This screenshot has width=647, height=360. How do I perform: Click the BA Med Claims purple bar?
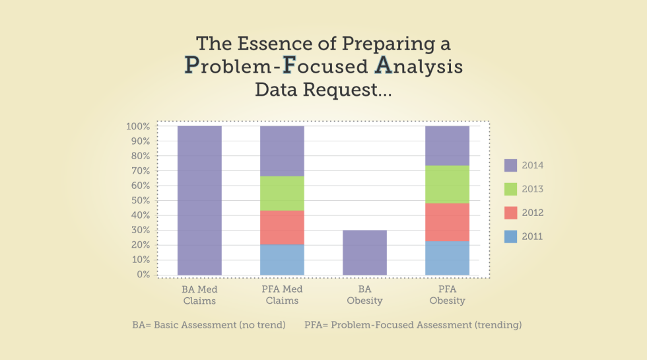[199, 200]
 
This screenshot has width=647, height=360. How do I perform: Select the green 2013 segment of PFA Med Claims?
[282, 194]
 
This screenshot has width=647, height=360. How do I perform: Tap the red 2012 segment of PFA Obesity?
[447, 223]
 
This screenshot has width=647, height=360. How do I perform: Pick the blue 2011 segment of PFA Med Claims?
[282, 260]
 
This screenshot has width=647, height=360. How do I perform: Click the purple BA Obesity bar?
[364, 252]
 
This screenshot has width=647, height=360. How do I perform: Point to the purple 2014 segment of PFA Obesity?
[447, 145]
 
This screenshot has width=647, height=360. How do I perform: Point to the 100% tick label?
[138, 126]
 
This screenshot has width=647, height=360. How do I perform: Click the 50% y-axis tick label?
[141, 200]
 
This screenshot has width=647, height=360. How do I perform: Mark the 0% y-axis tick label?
[143, 274]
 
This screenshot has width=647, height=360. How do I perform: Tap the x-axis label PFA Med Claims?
[282, 295]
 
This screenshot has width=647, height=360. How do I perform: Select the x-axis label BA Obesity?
[364, 295]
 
